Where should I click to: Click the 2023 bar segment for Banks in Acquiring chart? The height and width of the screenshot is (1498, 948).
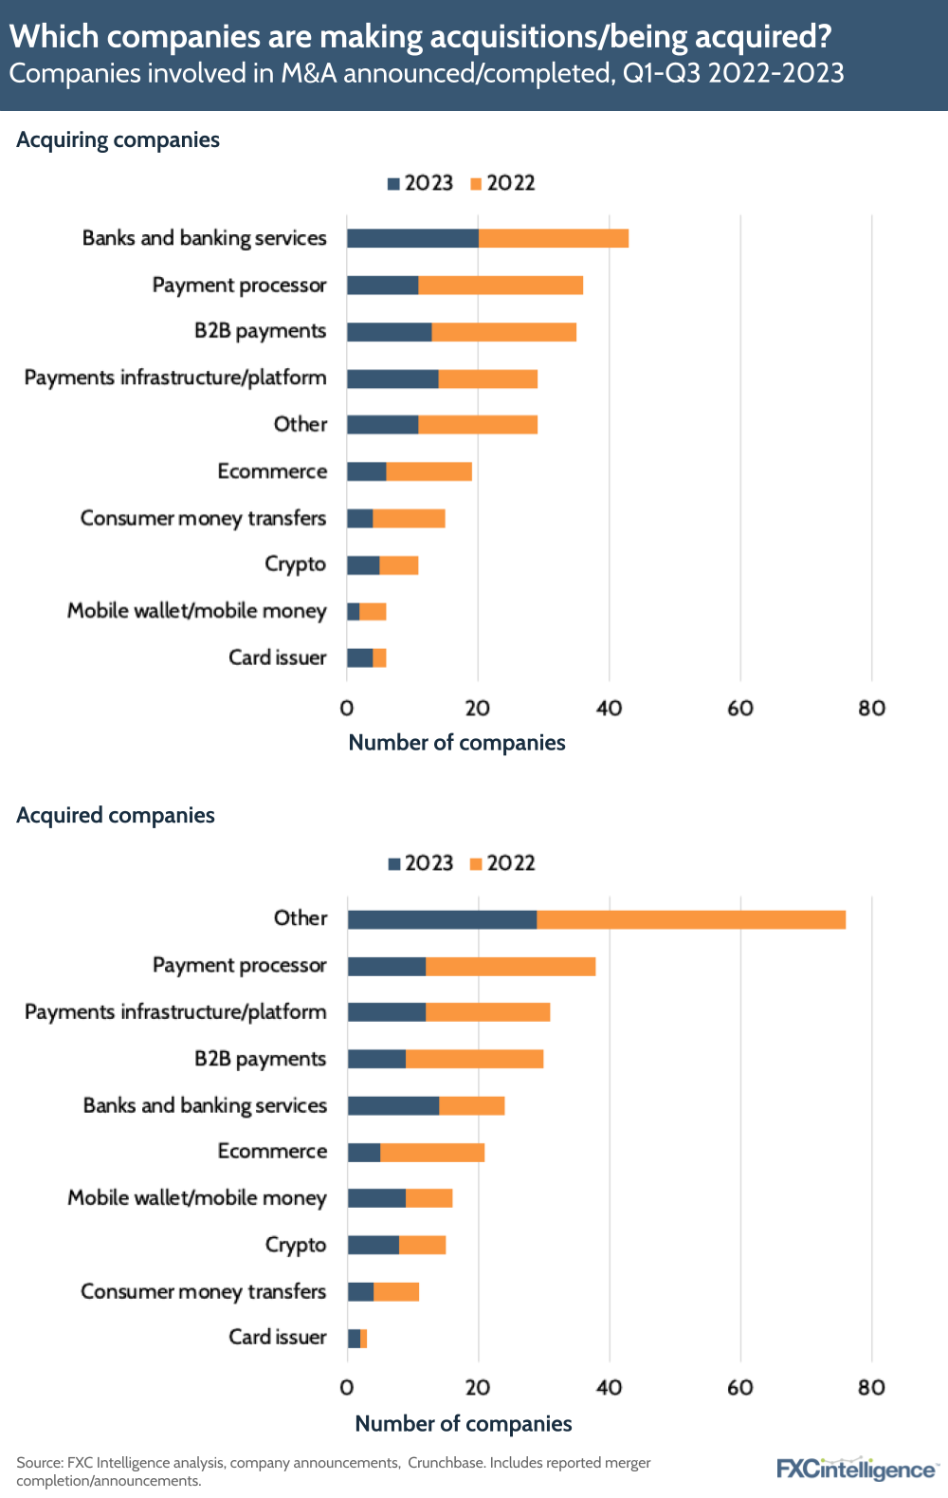(412, 238)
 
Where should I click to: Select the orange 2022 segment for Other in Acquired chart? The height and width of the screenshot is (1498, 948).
(691, 919)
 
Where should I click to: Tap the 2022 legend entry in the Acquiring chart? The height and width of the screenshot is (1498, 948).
(503, 183)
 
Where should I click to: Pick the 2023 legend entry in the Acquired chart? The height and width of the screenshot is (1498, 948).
(421, 863)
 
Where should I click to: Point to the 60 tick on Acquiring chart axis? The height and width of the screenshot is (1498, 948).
(740, 708)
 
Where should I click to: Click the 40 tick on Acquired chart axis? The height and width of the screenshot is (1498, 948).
(610, 1387)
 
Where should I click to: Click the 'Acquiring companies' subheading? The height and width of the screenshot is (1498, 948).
(118, 140)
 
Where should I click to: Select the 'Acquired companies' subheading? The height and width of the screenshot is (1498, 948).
(116, 816)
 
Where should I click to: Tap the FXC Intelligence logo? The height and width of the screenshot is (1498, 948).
(856, 1469)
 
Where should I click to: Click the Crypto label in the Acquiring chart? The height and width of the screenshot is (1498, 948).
(295, 564)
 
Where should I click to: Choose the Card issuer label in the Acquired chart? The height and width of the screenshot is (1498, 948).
(277, 1338)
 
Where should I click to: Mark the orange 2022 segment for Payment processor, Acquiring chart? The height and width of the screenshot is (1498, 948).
(501, 286)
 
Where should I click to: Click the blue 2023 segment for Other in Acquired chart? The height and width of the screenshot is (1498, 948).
(442, 919)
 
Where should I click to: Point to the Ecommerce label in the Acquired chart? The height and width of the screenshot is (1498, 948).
(272, 1152)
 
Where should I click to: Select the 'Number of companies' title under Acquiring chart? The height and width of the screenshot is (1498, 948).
(457, 743)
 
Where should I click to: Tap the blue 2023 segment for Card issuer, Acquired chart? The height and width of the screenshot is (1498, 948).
(354, 1339)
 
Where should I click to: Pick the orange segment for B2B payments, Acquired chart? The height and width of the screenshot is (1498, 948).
(474, 1059)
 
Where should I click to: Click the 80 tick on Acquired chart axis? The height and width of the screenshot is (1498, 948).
(871, 1387)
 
